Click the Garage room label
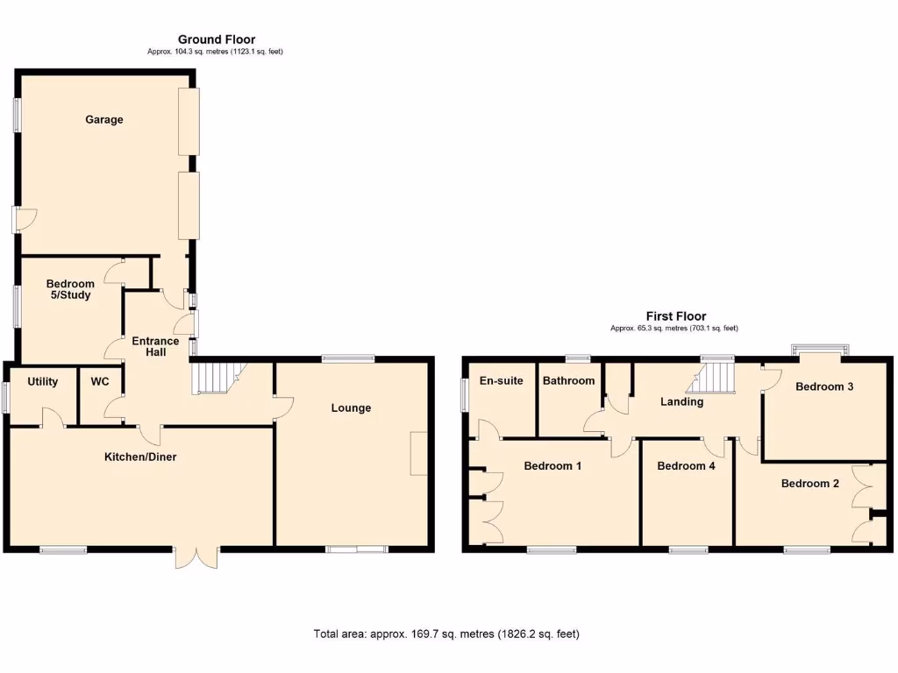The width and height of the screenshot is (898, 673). point(103,119)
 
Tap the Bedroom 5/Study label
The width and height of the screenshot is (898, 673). point(70,289)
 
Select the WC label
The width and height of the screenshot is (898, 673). point(99,381)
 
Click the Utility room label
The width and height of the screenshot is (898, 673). point(42,381)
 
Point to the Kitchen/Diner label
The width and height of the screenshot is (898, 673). point(140,457)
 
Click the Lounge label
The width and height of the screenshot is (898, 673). point(351,407)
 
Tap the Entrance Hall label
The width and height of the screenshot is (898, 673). point(155,346)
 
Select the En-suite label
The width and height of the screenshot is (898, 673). point(501,380)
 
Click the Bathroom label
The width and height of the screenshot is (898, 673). point(568,380)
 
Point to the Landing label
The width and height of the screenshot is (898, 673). point(681,401)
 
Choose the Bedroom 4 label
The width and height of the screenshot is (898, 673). point(686,466)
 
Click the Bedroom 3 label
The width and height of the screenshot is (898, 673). point(824,386)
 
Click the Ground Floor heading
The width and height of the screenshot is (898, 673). point(217,39)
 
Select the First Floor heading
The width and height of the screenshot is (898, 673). point(676,316)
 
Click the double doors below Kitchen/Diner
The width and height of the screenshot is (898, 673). point(196,557)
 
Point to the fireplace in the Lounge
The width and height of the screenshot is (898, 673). point(418,454)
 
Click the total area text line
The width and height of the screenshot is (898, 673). point(446,634)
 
